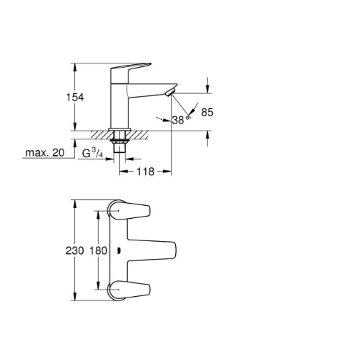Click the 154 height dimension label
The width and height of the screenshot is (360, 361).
click(x=75, y=97)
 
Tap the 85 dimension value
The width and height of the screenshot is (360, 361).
click(x=207, y=112)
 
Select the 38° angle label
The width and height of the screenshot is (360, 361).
click(x=180, y=120)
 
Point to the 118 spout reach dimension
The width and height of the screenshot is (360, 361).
click(x=146, y=172)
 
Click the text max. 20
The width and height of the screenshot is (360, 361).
click(x=45, y=152)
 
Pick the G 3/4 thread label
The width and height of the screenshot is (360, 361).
click(x=92, y=153)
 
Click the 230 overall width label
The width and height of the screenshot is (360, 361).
click(x=75, y=251)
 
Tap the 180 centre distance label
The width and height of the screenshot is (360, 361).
click(x=98, y=251)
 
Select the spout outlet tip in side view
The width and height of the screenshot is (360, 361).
click(x=170, y=92)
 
